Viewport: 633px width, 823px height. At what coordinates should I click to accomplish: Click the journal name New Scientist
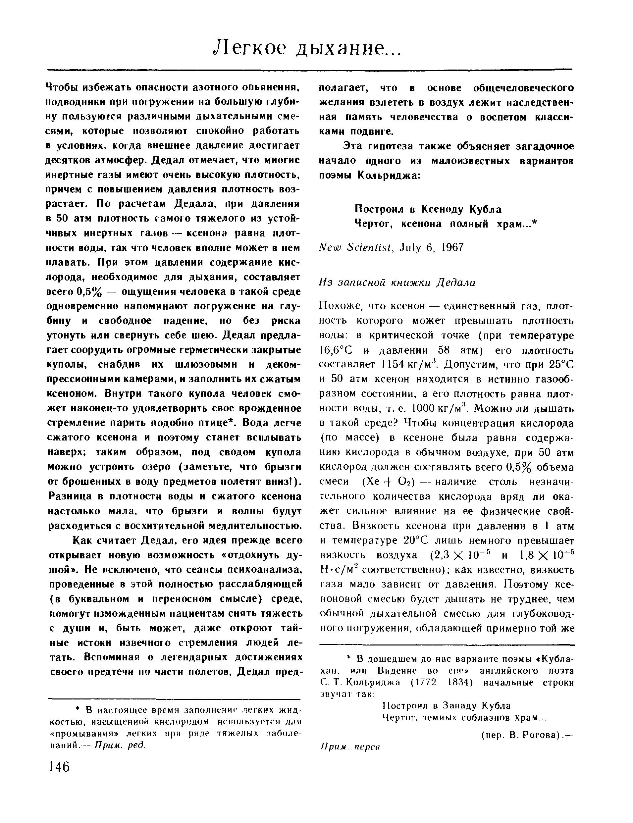[x=354, y=247]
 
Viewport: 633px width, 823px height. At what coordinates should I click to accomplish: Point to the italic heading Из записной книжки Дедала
[x=397, y=282]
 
